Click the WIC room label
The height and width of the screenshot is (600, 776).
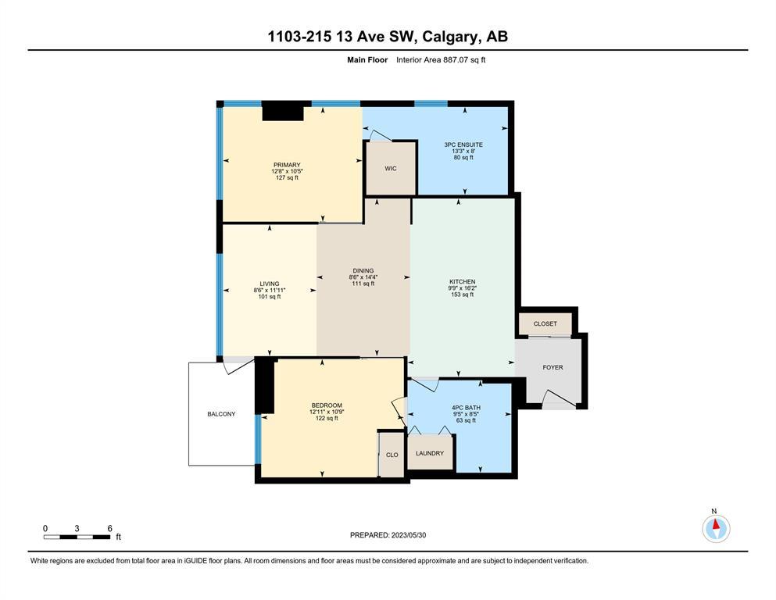391,169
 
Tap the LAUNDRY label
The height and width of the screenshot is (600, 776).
430,453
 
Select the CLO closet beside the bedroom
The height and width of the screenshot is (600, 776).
392,455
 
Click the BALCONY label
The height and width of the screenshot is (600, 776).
221,414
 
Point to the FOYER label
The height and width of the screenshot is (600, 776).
552,367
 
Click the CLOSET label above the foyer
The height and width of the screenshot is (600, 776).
545,323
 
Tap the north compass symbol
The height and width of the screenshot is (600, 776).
716,527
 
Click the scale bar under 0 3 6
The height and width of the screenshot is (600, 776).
77,537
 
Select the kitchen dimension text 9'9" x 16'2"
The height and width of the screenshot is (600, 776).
462,287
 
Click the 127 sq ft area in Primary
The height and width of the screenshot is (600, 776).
287,177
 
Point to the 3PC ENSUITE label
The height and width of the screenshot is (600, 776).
463,145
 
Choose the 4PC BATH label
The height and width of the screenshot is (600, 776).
467,408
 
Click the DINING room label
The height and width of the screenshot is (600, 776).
363,270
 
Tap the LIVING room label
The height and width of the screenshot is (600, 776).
270,284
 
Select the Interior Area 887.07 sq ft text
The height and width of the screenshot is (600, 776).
441,60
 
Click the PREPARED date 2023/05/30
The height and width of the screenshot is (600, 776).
408,535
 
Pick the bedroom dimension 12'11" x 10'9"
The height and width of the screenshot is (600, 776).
327,412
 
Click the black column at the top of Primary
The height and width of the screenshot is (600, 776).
283,112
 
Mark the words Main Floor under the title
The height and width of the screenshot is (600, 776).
367,60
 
